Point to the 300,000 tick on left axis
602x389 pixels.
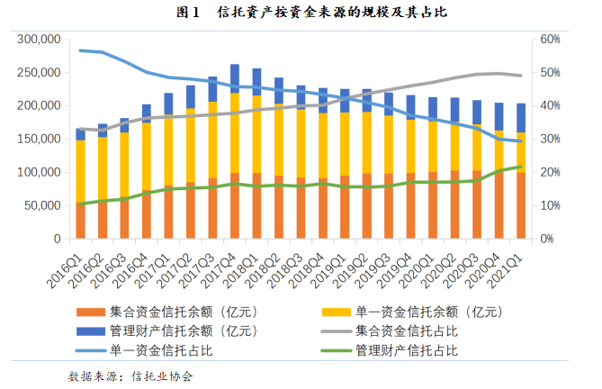[x=39, y=41]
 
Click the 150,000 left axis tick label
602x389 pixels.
[x=39, y=140]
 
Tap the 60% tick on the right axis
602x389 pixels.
[x=550, y=41]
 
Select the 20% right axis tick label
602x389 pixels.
[x=550, y=173]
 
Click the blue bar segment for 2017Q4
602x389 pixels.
[x=235, y=76]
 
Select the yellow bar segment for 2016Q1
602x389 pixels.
[x=81, y=171]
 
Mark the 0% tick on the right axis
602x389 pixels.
[x=546, y=239]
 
